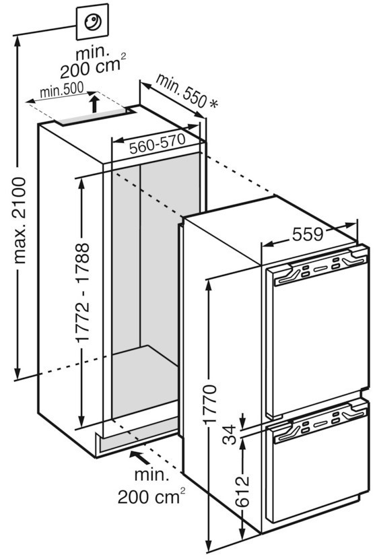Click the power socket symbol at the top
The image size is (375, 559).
click(x=92, y=22)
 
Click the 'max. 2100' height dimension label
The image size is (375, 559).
click(x=20, y=220)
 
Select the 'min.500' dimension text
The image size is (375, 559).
click(x=61, y=90)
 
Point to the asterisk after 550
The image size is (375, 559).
click(x=213, y=104)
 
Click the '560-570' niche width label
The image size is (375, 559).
click(x=157, y=144)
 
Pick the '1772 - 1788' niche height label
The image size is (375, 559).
click(x=83, y=293)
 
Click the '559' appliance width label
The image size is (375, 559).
click(x=307, y=234)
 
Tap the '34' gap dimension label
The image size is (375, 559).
click(x=230, y=434)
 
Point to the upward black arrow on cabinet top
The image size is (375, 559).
click(x=94, y=103)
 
